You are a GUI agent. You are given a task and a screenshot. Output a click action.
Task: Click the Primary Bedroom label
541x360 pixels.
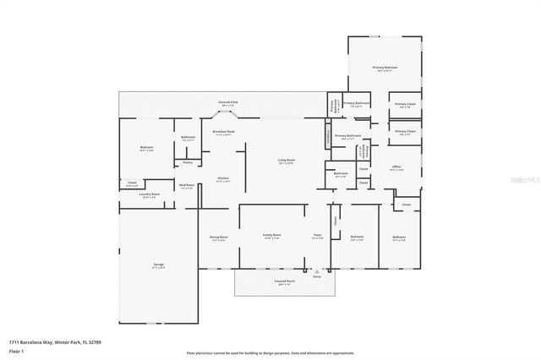[385, 67]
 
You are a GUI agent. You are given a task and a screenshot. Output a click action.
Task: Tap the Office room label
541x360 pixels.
[396, 167]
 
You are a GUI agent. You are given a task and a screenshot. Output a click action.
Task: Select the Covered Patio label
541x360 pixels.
[227, 101]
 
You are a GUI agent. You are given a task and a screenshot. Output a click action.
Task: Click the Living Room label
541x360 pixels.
[287, 160]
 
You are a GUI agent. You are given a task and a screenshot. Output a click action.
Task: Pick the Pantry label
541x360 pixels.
[188, 161]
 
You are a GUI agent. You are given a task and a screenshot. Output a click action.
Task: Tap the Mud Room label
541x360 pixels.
[187, 185]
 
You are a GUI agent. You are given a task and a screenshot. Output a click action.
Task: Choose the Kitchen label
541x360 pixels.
[223, 178]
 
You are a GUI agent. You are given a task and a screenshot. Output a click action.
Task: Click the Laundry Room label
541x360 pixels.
[150, 194]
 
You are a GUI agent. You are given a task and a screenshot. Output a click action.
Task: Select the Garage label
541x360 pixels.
[158, 267]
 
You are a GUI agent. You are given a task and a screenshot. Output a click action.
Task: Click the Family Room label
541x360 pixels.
[271, 236]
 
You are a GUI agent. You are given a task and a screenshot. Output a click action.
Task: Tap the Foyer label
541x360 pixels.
[317, 236]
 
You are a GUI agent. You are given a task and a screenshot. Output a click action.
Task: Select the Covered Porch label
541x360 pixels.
[284, 281]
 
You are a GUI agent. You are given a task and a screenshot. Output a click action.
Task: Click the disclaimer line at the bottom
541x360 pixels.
[270, 352]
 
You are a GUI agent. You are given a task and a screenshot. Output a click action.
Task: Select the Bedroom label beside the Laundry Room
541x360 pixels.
[146, 148]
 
